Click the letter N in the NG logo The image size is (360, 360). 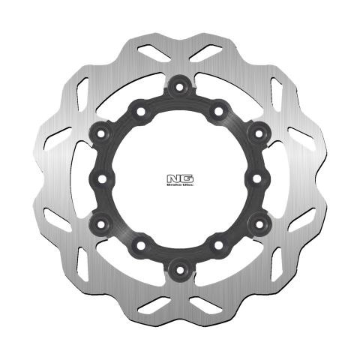pyautogui.click(x=174, y=178)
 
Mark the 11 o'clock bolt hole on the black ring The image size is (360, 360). pyautogui.click(x=140, y=111)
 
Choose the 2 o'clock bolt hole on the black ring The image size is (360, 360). pyautogui.click(x=258, y=133)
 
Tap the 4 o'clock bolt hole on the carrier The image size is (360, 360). pyautogui.click(x=258, y=223)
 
